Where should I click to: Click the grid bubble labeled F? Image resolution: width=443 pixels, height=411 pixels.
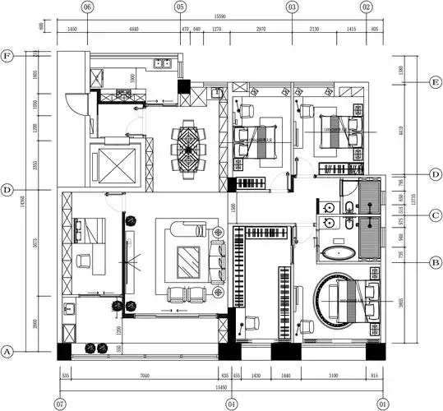point(7,56)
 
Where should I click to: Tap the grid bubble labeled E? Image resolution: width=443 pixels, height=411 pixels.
point(436,81)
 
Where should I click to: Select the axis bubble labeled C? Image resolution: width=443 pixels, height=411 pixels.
point(436,215)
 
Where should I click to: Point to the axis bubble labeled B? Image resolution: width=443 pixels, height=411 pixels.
point(436,262)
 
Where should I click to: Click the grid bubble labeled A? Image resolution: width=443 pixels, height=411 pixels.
point(7,351)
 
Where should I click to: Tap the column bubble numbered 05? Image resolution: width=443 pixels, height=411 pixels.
point(180,7)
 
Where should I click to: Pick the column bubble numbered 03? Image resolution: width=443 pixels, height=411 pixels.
point(292,7)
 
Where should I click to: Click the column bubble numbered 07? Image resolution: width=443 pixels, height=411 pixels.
point(59,404)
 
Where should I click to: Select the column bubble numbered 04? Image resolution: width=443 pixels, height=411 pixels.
point(232,404)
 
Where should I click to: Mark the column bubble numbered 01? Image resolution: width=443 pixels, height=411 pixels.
point(383,404)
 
